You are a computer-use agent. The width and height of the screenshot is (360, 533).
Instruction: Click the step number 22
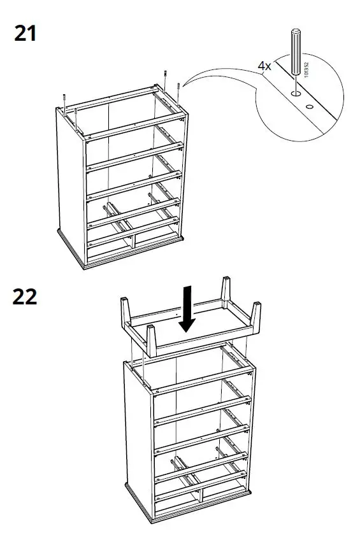(x=25, y=297)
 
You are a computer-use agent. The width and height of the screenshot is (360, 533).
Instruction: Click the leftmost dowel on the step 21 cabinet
(x=65, y=100)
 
